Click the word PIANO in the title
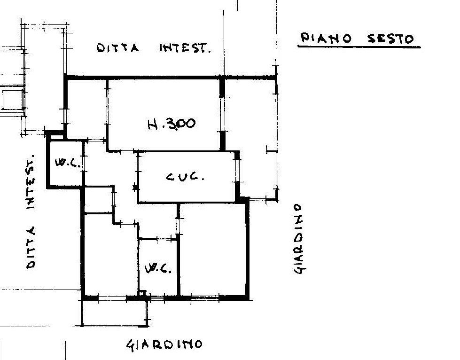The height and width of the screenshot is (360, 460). (326, 38)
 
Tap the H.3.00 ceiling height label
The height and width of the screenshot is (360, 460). (172, 124)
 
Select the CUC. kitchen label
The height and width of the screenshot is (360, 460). (185, 177)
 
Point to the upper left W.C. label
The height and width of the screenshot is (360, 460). (68, 162)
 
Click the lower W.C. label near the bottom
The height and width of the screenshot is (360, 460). (158, 268)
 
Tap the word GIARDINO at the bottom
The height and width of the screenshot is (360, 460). (164, 345)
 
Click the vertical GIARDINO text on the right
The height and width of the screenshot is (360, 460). (299, 239)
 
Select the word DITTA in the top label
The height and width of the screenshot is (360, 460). (117, 48)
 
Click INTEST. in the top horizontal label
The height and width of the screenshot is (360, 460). (185, 48)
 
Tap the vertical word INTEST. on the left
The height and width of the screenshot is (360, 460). (30, 181)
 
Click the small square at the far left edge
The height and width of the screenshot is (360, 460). (13, 100)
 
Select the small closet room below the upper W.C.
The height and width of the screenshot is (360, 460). (99, 200)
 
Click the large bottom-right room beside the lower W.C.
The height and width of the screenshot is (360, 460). (213, 250)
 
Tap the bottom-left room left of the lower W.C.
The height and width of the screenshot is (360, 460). (111, 255)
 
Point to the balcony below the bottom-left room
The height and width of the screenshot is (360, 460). (115, 313)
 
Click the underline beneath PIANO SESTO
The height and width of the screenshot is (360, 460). (359, 47)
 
